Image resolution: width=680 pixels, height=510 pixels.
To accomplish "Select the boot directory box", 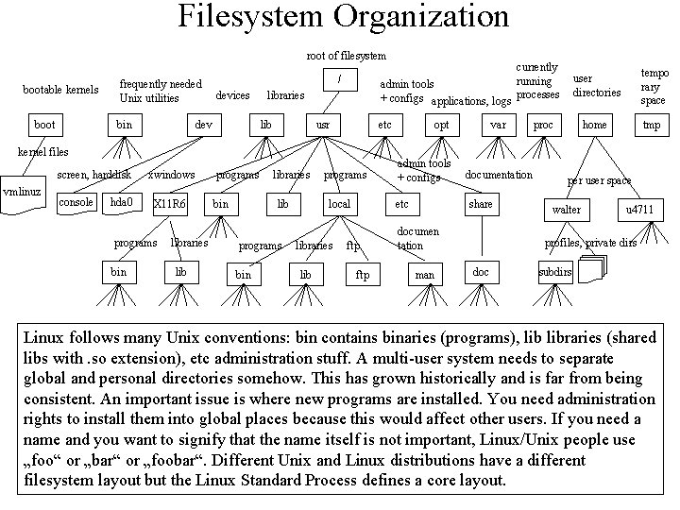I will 44,125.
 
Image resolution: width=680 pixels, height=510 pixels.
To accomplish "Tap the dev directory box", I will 203,125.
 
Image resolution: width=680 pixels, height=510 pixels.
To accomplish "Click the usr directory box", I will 323,125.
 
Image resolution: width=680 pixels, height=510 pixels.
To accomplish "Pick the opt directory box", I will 440,125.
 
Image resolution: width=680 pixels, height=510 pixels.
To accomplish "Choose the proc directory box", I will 543,125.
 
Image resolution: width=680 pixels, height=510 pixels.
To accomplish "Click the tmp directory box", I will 652,125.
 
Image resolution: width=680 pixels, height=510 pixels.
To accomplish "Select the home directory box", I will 595,125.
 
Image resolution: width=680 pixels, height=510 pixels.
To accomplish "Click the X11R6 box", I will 170,203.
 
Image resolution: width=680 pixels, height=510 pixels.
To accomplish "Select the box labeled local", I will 339,203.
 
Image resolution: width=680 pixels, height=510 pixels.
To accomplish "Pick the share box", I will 481,203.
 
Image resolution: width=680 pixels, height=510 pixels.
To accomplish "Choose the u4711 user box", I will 639,209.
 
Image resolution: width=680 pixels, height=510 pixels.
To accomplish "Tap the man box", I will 424,275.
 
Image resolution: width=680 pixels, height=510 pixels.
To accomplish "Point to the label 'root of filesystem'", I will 347,56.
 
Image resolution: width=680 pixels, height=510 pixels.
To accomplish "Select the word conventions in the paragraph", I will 232,337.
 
